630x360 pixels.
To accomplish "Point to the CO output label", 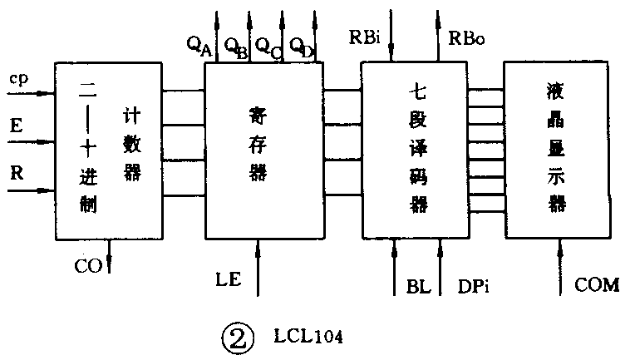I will point(87,266).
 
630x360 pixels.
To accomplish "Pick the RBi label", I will point(366,37).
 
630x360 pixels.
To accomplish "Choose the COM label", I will point(597,285).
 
